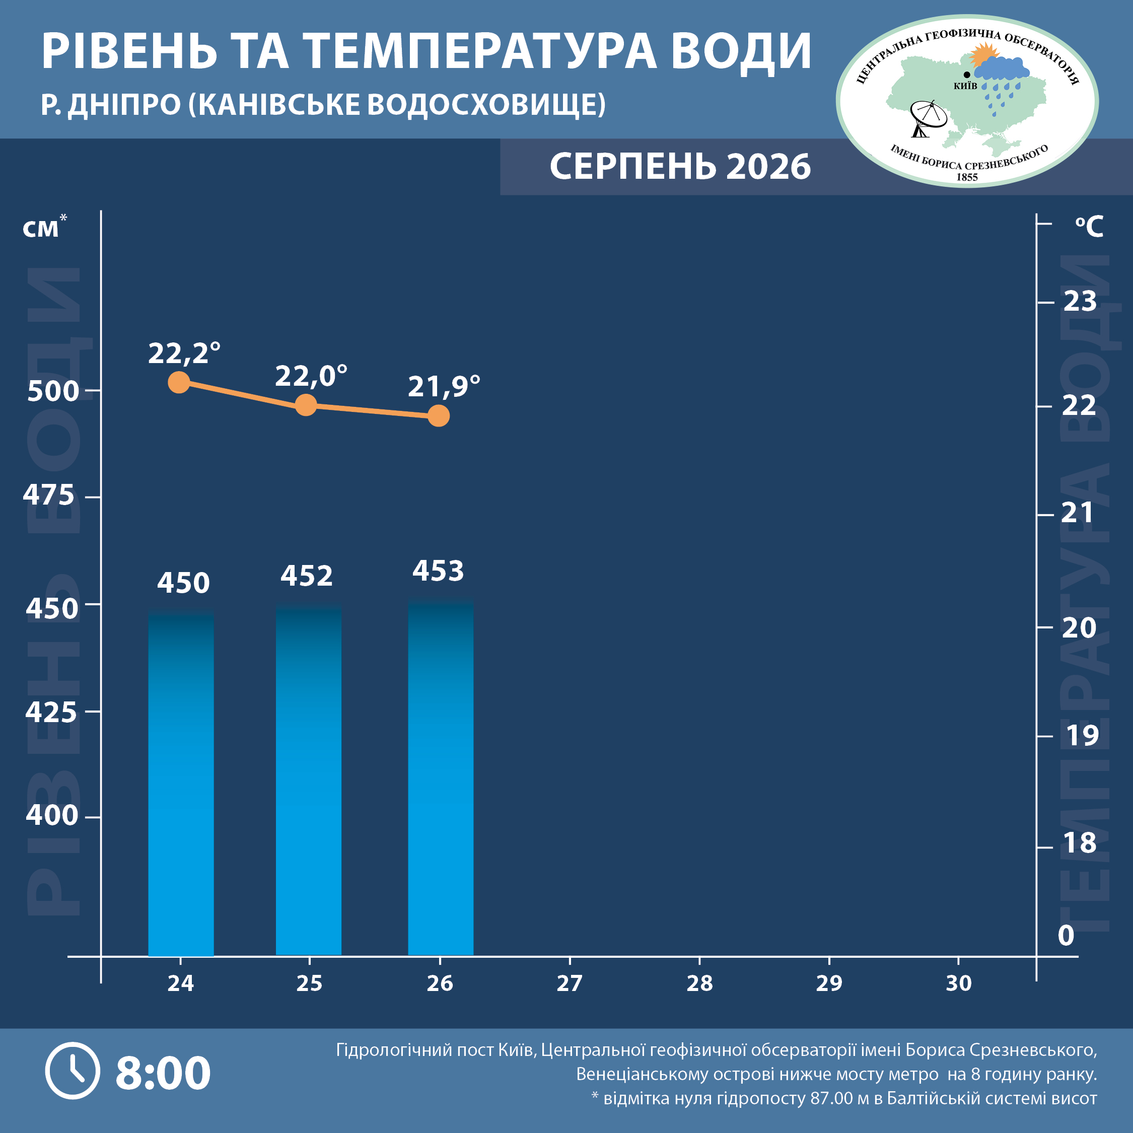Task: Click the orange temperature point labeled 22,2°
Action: pyautogui.click(x=179, y=382)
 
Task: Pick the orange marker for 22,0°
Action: pyautogui.click(x=306, y=405)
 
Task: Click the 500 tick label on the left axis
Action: pyautogui.click(x=53, y=391)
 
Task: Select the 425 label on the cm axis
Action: pyautogui.click(x=51, y=713)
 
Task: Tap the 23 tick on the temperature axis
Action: pyautogui.click(x=1080, y=302)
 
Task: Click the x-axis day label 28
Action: pyautogui.click(x=699, y=983)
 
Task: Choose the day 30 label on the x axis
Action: pyautogui.click(x=958, y=983)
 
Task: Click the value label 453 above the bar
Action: pyautogui.click(x=438, y=571)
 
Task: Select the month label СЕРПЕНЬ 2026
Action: pyautogui.click(x=680, y=167)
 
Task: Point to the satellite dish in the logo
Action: pyautogui.click(x=928, y=118)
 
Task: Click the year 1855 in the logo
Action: pyautogui.click(x=967, y=177)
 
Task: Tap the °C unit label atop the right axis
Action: pyautogui.click(x=1089, y=227)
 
